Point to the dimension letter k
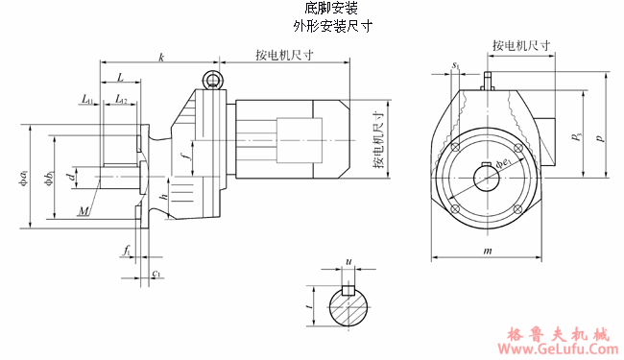[x=161, y=59]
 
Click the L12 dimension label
[x=121, y=99]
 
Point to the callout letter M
[x=85, y=209]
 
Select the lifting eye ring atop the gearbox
[x=213, y=80]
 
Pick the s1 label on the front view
[x=455, y=65]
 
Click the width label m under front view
[x=488, y=251]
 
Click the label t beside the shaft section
[x=308, y=306]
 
